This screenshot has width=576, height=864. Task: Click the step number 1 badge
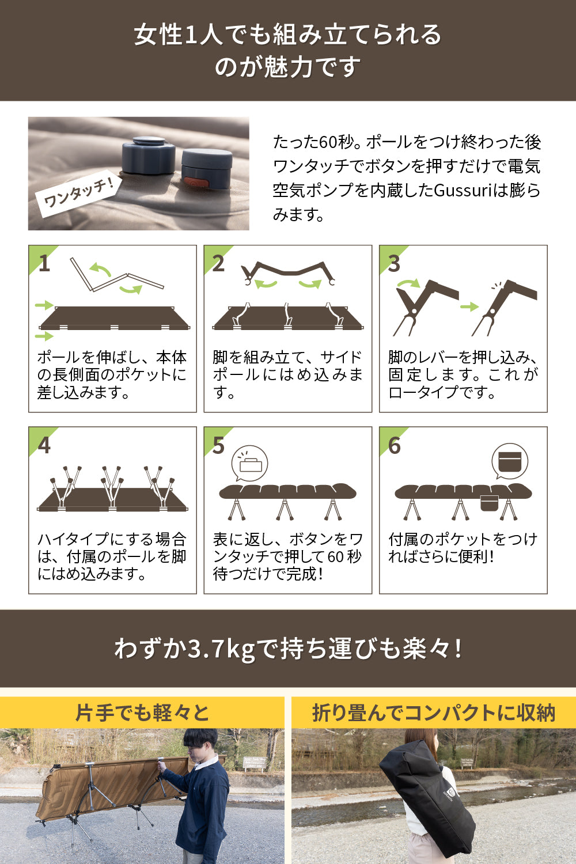pyautogui.click(x=44, y=263)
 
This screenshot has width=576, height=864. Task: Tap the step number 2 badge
pyautogui.click(x=218, y=263)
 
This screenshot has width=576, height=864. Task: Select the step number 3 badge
pyautogui.click(x=394, y=263)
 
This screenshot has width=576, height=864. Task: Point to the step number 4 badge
pyautogui.click(x=44, y=445)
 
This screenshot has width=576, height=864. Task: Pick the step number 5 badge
pyautogui.click(x=218, y=445)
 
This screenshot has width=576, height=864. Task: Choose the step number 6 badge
pyautogui.click(x=394, y=445)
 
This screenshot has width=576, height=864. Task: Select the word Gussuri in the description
pyautogui.click(x=461, y=190)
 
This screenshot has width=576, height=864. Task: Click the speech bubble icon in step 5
pyautogui.click(x=249, y=463)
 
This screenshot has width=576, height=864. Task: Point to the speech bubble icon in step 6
pyautogui.click(x=510, y=461)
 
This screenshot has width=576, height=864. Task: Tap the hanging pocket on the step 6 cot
pyautogui.click(x=489, y=503)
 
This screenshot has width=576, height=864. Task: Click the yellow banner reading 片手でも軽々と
pyautogui.click(x=142, y=713)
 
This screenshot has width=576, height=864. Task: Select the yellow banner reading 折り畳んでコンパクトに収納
pyautogui.click(x=433, y=713)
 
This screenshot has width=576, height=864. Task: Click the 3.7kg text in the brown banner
pyautogui.click(x=221, y=649)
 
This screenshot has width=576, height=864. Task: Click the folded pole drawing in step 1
pyautogui.click(x=115, y=276)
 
